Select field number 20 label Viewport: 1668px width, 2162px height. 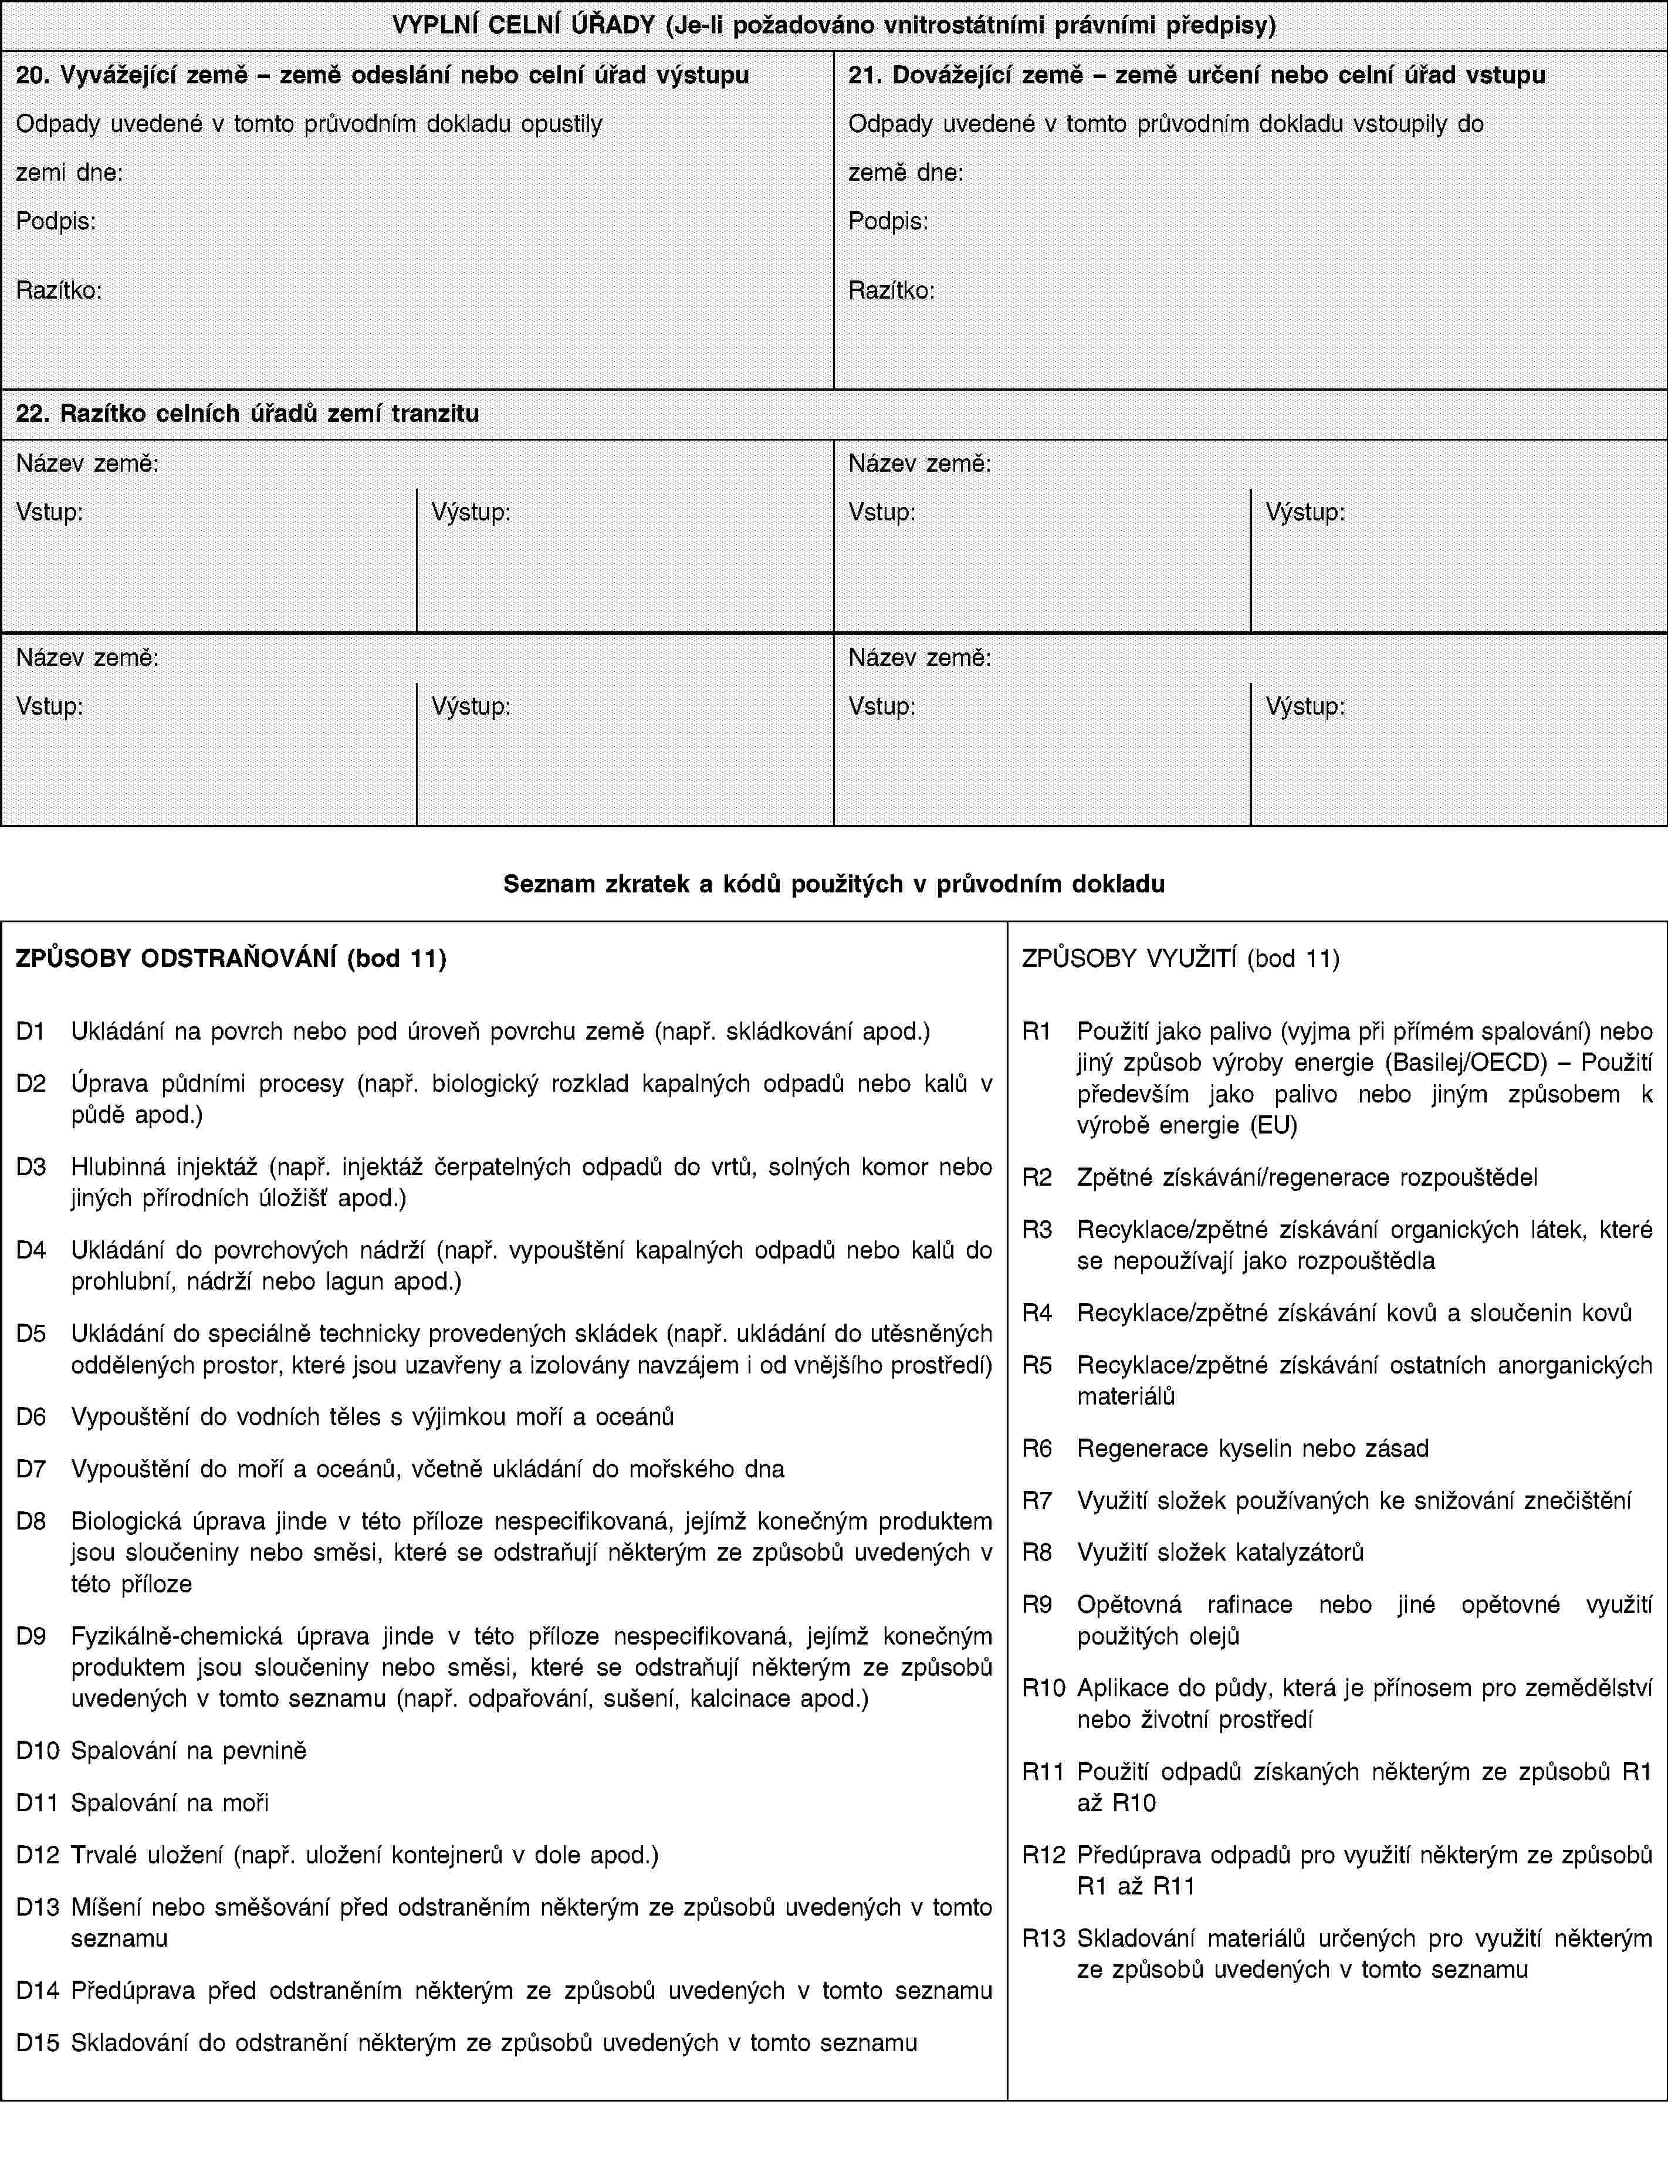(x=382, y=75)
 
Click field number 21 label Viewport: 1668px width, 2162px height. (x=1196, y=75)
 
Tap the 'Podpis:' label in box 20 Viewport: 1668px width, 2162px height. (x=56, y=221)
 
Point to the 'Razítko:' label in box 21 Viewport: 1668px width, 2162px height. (x=891, y=291)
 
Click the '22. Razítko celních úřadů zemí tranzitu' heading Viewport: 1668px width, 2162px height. (x=248, y=414)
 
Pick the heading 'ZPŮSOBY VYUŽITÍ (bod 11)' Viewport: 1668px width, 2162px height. (x=1180, y=958)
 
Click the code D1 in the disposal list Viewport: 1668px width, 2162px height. (x=31, y=1031)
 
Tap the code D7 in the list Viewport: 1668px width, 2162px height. (x=31, y=1468)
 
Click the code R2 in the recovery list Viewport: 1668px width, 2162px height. (x=1037, y=1177)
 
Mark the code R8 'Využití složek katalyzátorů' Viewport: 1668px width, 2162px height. (x=1037, y=1552)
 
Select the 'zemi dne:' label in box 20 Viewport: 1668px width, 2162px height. (x=69, y=172)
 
